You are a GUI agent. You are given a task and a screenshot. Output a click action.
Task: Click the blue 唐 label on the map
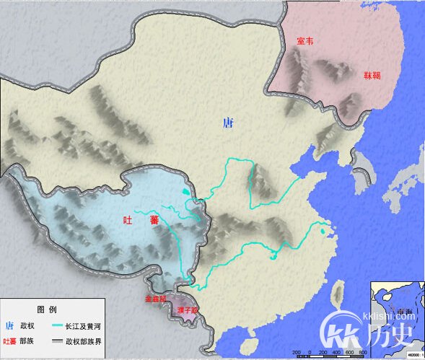tap(228, 123)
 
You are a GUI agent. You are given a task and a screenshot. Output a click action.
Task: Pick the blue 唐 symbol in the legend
tap(9, 325)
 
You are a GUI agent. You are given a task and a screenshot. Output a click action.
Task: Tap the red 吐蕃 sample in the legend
tap(10, 341)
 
